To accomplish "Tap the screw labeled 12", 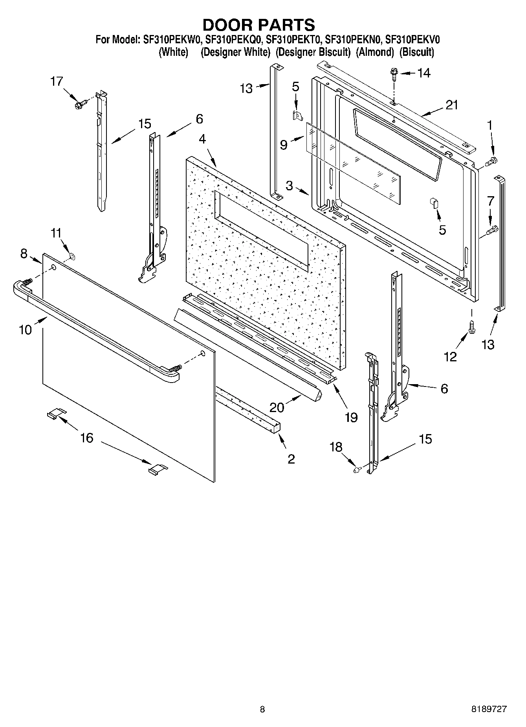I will click(472, 328).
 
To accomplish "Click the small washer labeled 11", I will click(72, 257).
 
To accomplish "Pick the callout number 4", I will click(202, 139).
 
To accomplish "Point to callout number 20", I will click(277, 407).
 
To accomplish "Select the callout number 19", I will click(351, 417).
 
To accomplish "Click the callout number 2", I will click(291, 458).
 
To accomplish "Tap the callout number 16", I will click(87, 438).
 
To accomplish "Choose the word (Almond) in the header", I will click(375, 52).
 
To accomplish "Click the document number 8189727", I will click(489, 709).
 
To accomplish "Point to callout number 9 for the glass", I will click(284, 145).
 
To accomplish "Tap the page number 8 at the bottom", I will click(262, 709).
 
